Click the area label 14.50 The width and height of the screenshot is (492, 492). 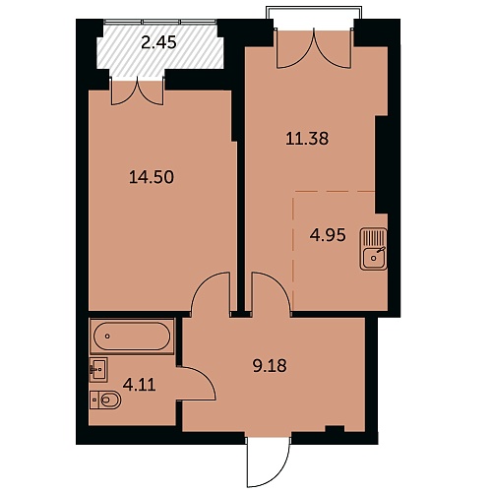(x=152, y=177)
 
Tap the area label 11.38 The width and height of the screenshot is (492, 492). (x=307, y=139)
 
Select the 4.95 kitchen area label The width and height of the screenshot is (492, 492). (x=328, y=235)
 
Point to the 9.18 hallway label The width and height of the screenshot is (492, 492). (x=270, y=366)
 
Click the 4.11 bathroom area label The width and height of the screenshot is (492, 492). (x=139, y=385)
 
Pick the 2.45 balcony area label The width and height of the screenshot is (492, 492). (x=159, y=42)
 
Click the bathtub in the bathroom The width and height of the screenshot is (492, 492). (x=132, y=337)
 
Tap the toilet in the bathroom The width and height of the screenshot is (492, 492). (x=105, y=400)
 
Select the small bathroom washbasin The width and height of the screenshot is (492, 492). (x=98, y=370)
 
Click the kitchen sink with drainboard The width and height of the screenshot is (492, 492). (x=374, y=249)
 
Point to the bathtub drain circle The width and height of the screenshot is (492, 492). (x=107, y=337)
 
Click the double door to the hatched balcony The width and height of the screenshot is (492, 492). (x=138, y=92)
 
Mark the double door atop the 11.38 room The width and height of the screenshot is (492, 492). (x=314, y=48)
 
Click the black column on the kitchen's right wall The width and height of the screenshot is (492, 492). (x=382, y=164)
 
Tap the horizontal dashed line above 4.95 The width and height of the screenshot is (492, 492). (x=335, y=191)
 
